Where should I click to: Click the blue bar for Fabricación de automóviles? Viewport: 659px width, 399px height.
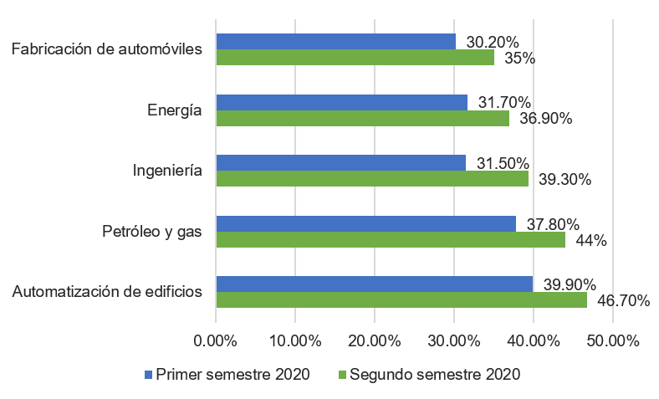335,41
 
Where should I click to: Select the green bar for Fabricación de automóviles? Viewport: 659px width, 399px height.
355,58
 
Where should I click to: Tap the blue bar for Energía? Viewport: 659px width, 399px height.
341,102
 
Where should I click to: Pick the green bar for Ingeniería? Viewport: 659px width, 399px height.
372,179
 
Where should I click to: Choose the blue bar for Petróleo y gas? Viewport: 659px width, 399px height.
365,223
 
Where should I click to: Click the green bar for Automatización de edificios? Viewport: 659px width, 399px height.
401,300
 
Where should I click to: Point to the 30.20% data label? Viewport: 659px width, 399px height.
493,42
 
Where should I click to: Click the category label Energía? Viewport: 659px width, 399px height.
175,110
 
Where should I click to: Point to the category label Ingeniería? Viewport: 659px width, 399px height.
168,171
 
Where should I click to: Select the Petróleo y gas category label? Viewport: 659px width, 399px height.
152,232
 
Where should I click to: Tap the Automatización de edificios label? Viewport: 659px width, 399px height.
108,292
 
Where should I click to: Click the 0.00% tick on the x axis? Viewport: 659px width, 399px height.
216,341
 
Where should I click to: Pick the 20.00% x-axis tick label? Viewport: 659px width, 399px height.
375,341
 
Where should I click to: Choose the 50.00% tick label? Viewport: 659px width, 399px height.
612,341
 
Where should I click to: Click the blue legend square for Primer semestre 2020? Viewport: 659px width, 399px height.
150,374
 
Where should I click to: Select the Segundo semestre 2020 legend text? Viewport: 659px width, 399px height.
435,374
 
